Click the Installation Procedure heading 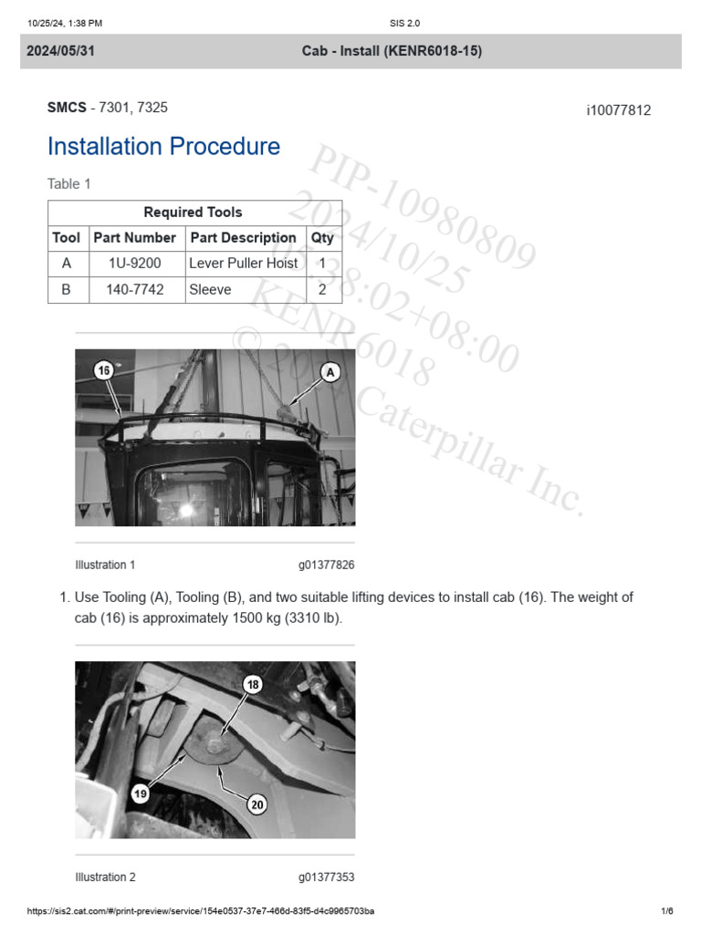tap(163, 147)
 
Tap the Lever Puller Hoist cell tap(244, 264)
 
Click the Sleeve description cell tap(210, 290)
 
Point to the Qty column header tap(322, 238)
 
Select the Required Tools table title tap(193, 213)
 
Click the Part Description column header tap(243, 238)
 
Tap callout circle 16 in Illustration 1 tap(104, 370)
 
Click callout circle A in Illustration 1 tap(330, 371)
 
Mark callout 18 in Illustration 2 tap(253, 684)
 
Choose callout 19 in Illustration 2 tap(141, 794)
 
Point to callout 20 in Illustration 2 tap(257, 804)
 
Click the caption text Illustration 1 tap(105, 565)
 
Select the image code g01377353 tap(326, 877)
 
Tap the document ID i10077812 tap(618, 110)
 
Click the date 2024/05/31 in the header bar tap(60, 51)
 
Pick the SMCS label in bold tap(66, 108)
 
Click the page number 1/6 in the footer tap(666, 911)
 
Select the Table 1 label tap(69, 184)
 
